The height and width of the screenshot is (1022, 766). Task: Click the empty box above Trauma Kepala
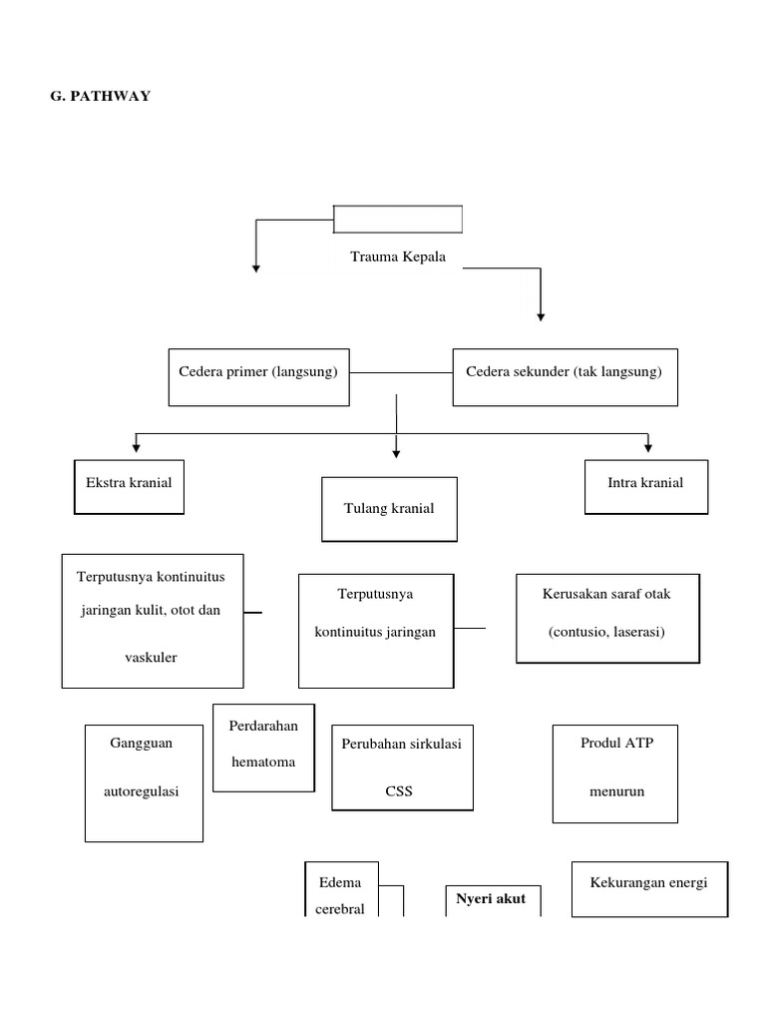(x=397, y=218)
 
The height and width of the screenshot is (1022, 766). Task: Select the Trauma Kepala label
(x=397, y=256)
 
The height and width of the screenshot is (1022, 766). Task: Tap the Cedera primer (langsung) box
(x=258, y=376)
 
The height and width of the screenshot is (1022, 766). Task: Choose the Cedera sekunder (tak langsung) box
(x=565, y=376)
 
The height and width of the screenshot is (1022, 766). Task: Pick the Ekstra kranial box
(x=129, y=486)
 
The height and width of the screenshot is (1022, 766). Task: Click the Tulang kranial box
(x=389, y=508)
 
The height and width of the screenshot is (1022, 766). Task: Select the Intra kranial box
(x=645, y=486)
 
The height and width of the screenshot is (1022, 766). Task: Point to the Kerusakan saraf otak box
(x=607, y=618)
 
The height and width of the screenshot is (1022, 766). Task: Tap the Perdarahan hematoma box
(x=263, y=747)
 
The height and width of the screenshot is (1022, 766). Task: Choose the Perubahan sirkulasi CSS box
(x=402, y=766)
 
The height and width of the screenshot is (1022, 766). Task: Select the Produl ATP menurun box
(x=615, y=772)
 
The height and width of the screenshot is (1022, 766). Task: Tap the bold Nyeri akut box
(x=492, y=899)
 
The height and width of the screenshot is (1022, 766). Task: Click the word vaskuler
(x=153, y=658)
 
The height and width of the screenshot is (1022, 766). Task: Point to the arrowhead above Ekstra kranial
(x=136, y=446)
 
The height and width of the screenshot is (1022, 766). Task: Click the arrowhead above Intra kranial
(x=648, y=446)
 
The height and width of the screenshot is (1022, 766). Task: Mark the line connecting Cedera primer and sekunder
(x=401, y=373)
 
